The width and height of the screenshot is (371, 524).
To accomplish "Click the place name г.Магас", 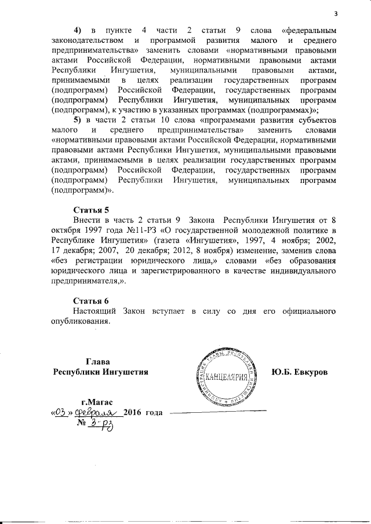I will click(x=98, y=402).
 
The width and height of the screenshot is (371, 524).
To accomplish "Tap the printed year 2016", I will click(x=134, y=413).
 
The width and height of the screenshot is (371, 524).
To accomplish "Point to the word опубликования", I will click(x=79, y=321).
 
